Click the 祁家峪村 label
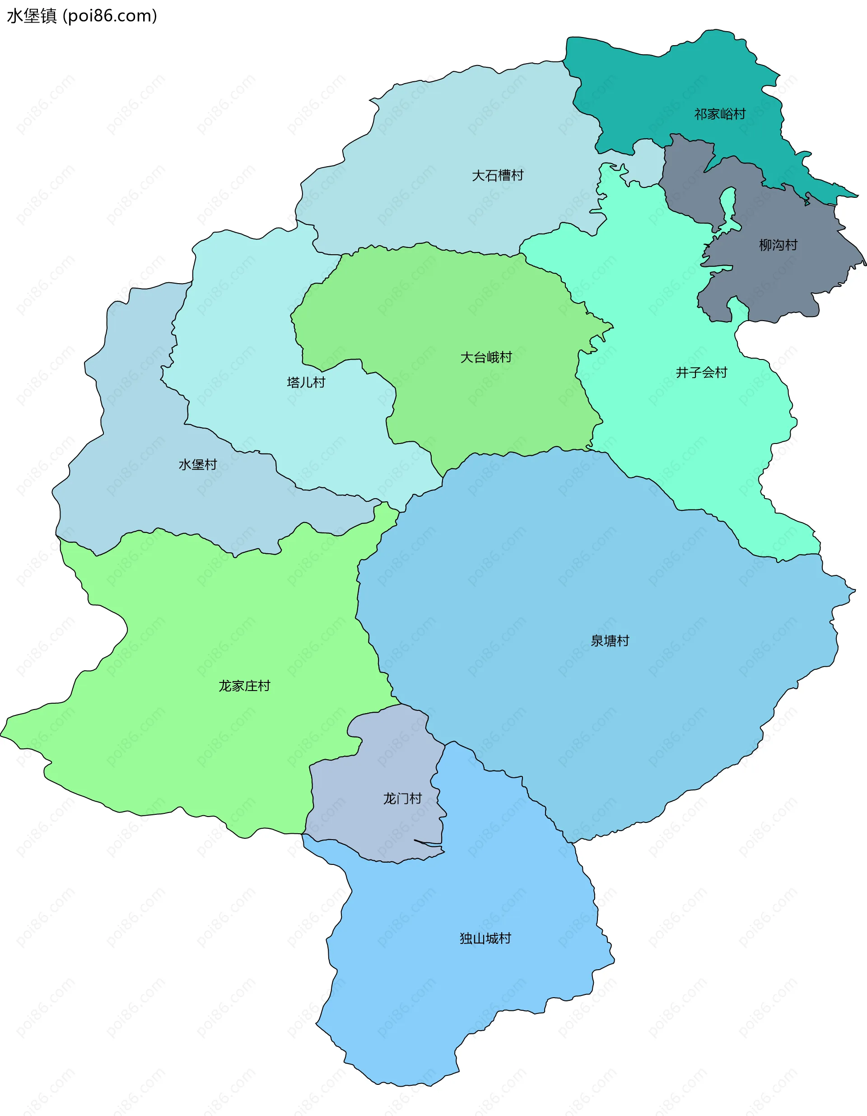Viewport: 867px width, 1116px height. (719, 114)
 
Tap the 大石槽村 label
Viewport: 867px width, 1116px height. (497, 175)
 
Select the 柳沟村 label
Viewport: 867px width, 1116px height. (778, 245)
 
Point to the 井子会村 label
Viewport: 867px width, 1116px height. (701, 373)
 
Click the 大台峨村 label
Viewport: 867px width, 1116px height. (485, 357)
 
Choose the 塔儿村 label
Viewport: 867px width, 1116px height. (306, 382)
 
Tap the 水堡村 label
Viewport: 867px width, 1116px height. (197, 464)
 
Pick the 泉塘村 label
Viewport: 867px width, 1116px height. (610, 641)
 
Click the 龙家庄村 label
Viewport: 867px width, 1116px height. (244, 686)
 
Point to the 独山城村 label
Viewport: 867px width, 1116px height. (485, 938)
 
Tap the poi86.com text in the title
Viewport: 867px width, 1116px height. (110, 16)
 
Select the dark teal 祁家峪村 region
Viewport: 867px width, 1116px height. (664, 87)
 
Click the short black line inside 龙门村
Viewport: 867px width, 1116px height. (428, 842)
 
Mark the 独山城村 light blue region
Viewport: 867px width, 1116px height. (460, 996)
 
